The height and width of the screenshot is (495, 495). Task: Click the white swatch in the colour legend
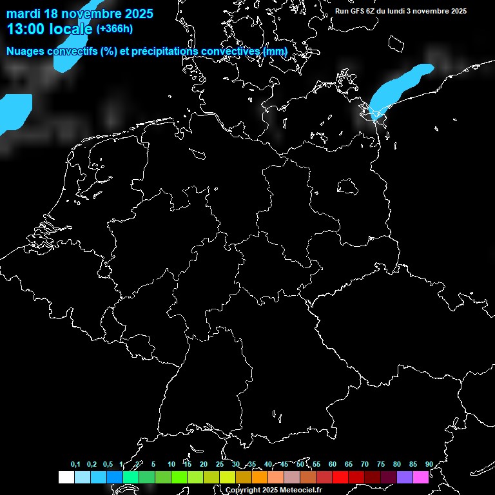pos(66,477)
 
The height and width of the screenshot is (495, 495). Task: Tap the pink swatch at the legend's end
pos(421,477)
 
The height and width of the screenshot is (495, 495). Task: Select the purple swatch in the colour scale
pos(405,477)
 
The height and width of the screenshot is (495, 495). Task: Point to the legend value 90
pos(429,464)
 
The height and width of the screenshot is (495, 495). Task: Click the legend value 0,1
pos(75,464)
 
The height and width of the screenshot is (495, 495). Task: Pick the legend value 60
pos(332,464)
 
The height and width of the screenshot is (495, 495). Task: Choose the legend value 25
pos(219,464)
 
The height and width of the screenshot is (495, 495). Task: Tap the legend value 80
pos(396,464)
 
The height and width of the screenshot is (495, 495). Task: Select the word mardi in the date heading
pos(23,14)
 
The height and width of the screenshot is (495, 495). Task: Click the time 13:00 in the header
pos(24,29)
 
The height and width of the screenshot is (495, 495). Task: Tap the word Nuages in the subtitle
pos(26,51)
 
